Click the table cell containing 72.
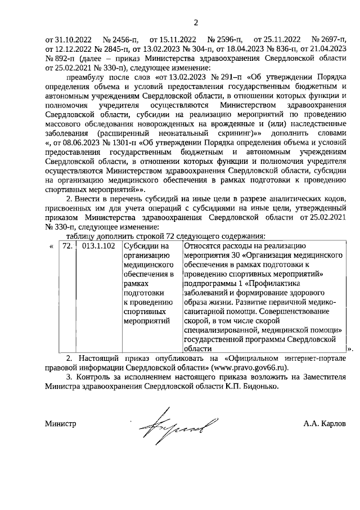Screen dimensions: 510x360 (x=67, y=247)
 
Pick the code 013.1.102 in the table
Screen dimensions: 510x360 (x=98, y=247)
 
